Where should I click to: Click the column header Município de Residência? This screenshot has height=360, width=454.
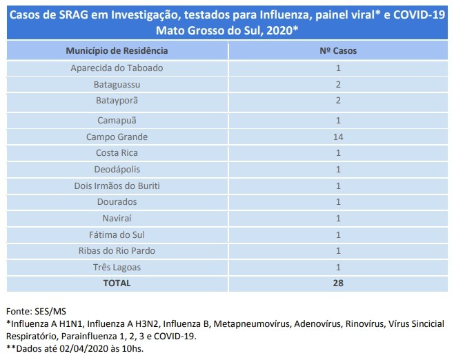coord(117,51)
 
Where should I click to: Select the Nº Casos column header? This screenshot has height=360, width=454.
coord(338,51)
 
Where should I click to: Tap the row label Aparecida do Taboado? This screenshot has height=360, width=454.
coord(117,68)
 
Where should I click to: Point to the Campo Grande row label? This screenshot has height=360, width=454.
coord(117,137)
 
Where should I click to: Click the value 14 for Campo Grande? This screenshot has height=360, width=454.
coord(338,137)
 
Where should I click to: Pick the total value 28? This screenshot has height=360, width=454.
coord(338,283)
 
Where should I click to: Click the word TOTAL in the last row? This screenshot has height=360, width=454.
coord(117,283)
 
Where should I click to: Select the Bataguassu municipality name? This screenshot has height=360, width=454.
coord(117,85)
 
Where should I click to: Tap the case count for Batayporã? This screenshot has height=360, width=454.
coord(338,101)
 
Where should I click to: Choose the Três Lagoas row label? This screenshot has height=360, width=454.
coord(117,267)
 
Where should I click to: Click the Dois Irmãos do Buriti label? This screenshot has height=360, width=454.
coord(117,186)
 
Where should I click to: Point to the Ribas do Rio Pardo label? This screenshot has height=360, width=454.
coord(117,250)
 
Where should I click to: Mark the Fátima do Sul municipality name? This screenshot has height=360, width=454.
coord(117,234)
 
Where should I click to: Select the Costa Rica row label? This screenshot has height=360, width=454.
coord(117,152)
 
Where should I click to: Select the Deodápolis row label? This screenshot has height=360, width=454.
coord(117,169)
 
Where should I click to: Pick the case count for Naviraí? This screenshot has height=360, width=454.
coord(338,218)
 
